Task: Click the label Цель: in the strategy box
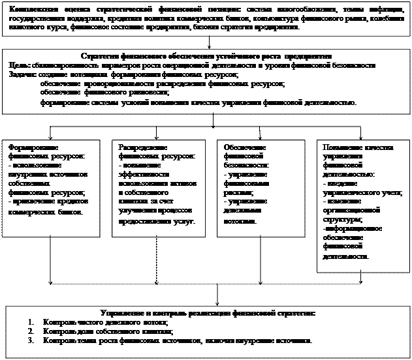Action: point(20,67)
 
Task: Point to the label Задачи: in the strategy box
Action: point(23,75)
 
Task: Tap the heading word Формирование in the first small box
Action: point(33,148)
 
